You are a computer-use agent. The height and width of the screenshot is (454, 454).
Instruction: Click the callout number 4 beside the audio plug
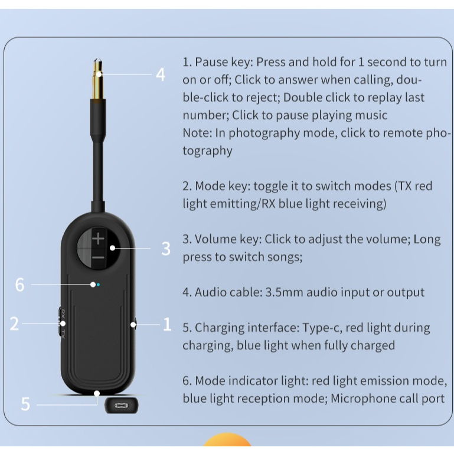click(x=161, y=74)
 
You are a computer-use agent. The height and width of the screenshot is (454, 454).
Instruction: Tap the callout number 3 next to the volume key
click(x=166, y=249)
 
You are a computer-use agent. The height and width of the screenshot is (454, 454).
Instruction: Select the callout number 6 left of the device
click(x=19, y=285)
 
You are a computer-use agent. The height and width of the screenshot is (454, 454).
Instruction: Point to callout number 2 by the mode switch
click(x=14, y=324)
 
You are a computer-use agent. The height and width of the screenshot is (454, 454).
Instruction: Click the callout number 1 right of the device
click(x=167, y=324)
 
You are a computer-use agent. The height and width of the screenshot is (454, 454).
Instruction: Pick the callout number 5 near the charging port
click(x=25, y=404)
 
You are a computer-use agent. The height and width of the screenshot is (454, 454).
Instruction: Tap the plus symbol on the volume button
click(x=99, y=239)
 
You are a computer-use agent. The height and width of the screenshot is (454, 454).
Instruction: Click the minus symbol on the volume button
click(x=99, y=257)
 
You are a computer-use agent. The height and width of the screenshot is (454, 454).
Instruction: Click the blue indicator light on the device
click(x=98, y=285)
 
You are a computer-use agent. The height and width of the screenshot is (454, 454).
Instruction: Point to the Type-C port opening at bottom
click(x=121, y=405)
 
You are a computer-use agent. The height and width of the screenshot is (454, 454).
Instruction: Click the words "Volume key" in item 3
click(x=228, y=239)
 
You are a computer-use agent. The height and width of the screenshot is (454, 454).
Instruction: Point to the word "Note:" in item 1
click(x=197, y=133)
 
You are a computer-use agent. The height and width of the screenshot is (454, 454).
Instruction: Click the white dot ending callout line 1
click(x=133, y=325)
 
